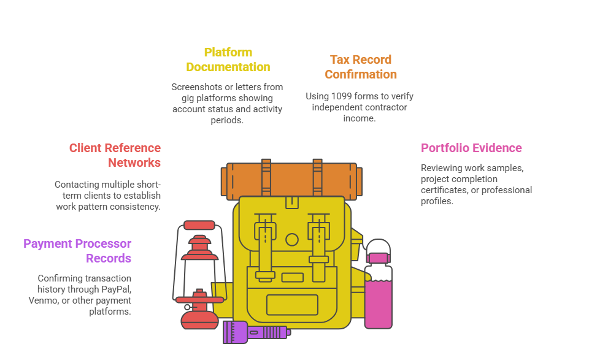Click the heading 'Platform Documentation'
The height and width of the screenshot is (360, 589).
click(x=228, y=59)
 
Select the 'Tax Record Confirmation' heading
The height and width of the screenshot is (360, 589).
click(x=361, y=67)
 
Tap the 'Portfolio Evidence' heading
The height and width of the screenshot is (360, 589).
click(x=471, y=148)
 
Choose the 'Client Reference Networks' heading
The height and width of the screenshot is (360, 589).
click(x=115, y=155)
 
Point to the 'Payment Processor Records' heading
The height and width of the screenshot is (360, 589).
click(x=77, y=251)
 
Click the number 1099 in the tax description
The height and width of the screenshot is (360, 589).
click(x=340, y=96)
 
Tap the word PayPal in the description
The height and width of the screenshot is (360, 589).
click(x=117, y=289)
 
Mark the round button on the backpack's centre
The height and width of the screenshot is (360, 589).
click(x=292, y=239)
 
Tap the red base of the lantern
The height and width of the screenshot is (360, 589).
click(x=199, y=318)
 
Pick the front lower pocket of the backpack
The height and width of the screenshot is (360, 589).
click(x=292, y=304)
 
